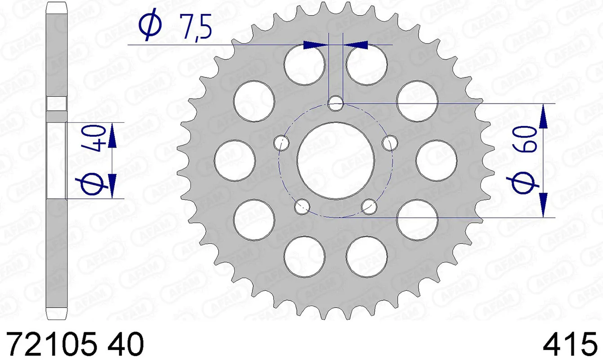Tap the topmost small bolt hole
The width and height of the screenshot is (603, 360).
pos(335,104)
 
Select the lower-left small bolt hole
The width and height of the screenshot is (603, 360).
pos(302,207)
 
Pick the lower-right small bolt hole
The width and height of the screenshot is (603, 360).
pos(369,207)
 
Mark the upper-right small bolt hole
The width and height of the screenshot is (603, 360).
pos(389,143)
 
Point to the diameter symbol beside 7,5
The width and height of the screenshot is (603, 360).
pos(151,26)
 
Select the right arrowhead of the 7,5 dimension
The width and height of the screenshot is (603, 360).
pos(355,45)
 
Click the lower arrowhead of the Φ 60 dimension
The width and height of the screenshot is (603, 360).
pos(543,205)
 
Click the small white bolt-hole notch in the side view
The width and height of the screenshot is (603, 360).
pos(57,104)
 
